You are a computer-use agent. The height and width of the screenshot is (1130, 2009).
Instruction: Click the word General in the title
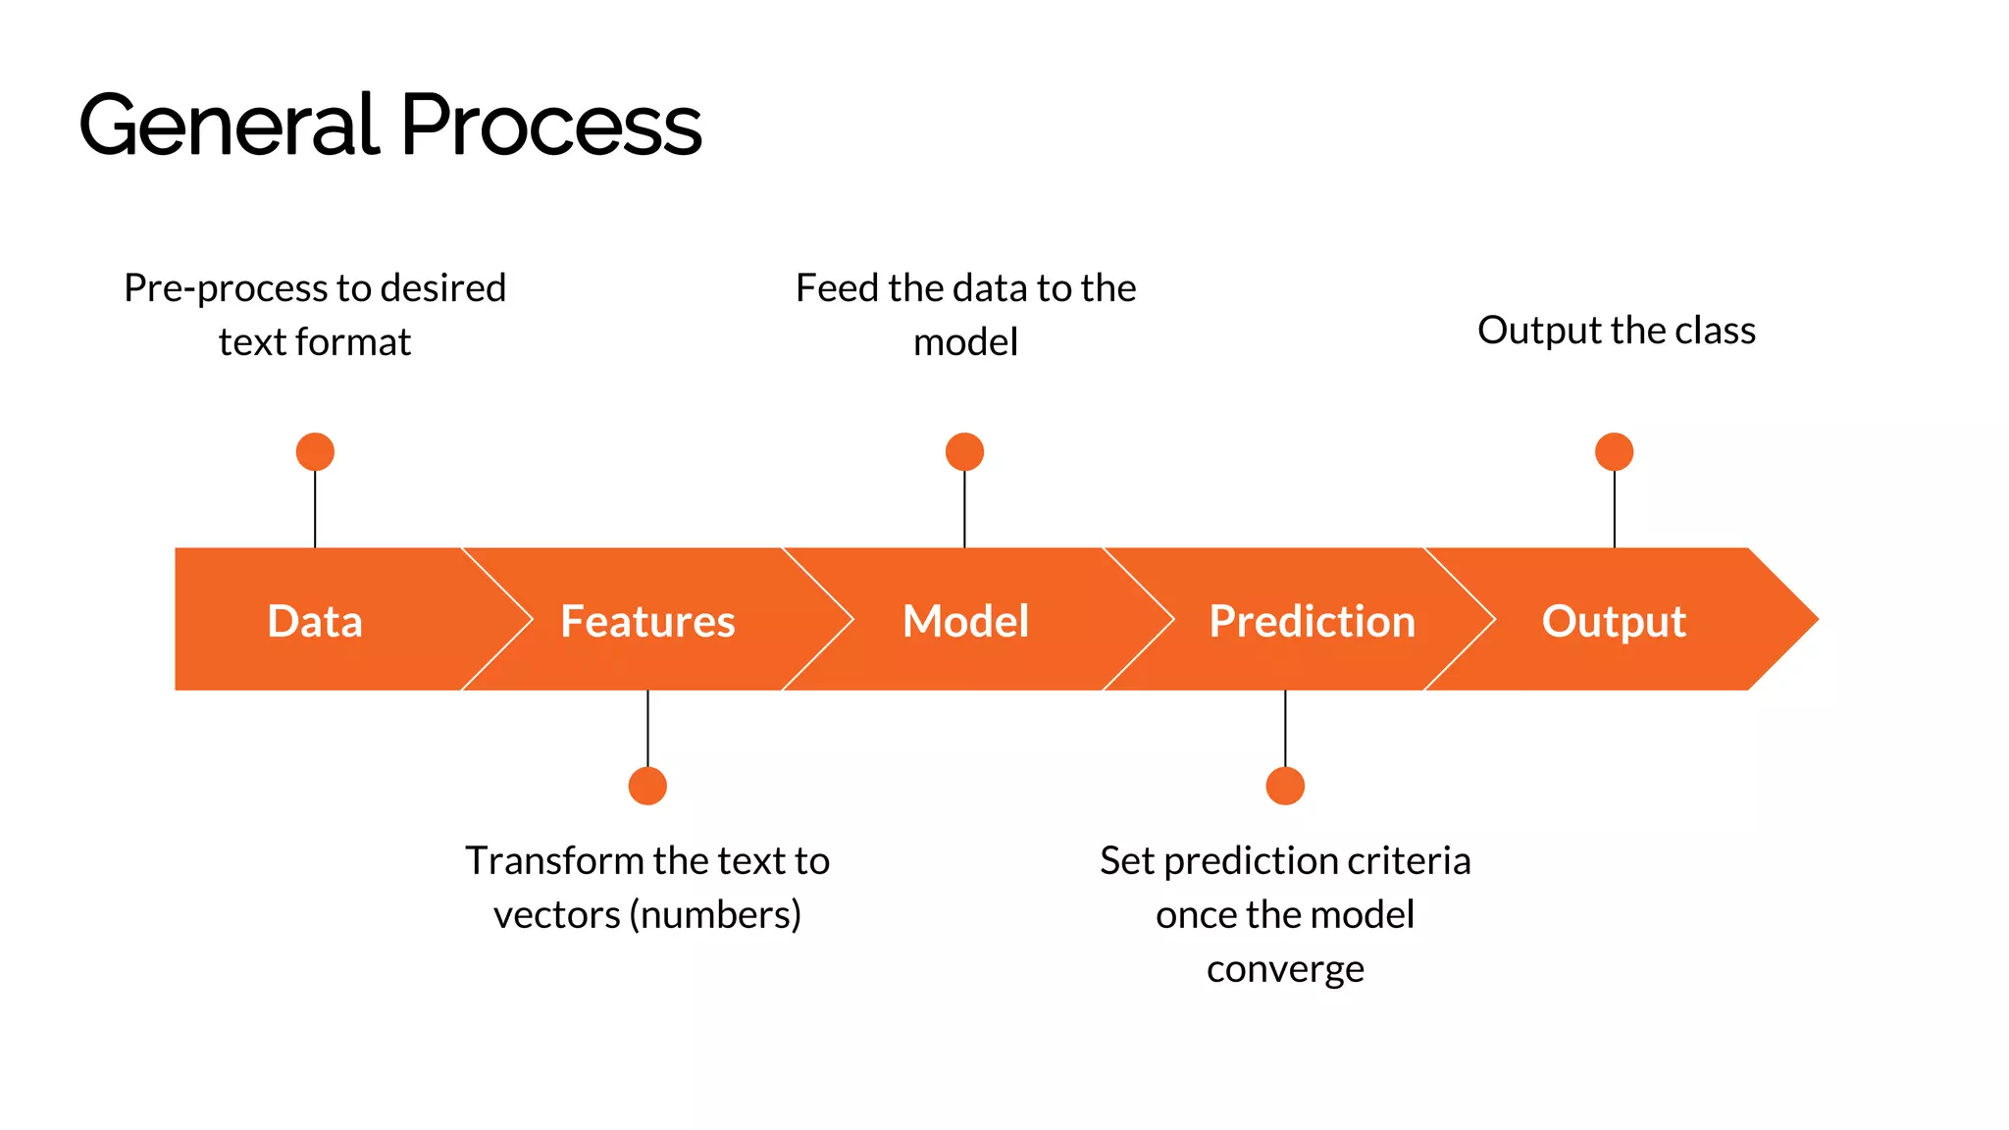[229, 126]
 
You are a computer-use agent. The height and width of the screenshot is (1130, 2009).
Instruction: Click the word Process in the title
[551, 126]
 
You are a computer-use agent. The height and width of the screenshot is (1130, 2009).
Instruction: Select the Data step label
[315, 621]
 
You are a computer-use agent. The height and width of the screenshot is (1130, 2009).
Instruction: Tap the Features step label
[647, 621]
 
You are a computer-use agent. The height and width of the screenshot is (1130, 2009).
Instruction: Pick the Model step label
[965, 621]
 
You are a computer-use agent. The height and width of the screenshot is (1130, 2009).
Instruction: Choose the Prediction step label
[1312, 621]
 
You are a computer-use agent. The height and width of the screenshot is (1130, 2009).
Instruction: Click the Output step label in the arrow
[1614, 621]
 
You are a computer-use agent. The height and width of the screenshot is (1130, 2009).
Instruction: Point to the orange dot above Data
[315, 452]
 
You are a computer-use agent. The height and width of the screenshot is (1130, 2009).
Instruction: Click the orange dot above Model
[964, 452]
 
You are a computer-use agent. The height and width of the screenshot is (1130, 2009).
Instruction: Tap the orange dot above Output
[1614, 452]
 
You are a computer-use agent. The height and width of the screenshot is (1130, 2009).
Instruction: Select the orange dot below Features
[647, 786]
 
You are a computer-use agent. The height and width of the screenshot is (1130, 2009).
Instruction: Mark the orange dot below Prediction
[1285, 786]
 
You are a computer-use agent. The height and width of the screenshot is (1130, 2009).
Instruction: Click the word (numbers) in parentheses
[715, 915]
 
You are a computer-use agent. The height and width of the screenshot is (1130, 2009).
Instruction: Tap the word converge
[1285, 969]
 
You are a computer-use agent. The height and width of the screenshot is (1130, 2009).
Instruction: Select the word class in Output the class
[1715, 331]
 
